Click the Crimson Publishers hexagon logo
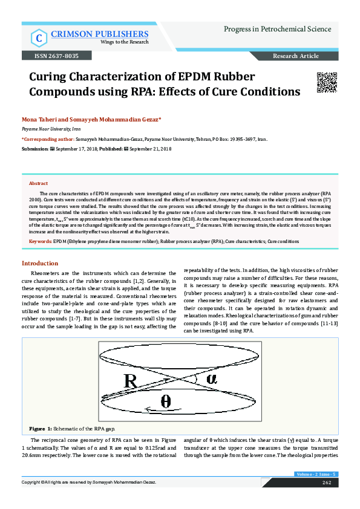pos(38,38)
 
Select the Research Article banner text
pos(295,56)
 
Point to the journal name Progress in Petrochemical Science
pos(277,29)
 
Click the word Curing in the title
pos(50,77)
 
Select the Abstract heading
pos(39,183)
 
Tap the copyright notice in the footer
pos(89,482)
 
